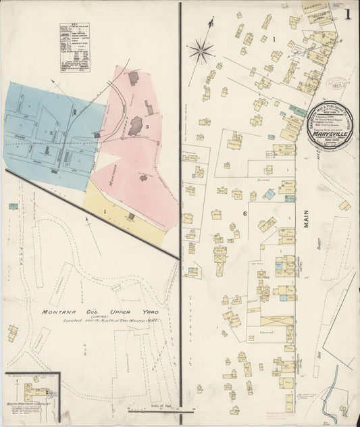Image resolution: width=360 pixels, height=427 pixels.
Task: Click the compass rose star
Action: pyautogui.click(x=201, y=49)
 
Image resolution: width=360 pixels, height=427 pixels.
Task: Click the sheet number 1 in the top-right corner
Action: pyautogui.click(x=348, y=13)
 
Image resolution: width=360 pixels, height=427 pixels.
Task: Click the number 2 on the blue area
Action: pyautogui.click(x=51, y=132)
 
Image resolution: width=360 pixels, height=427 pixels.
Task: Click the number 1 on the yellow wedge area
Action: pyautogui.click(x=105, y=212)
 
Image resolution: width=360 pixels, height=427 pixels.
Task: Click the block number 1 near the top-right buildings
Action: pyautogui.click(x=274, y=39)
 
